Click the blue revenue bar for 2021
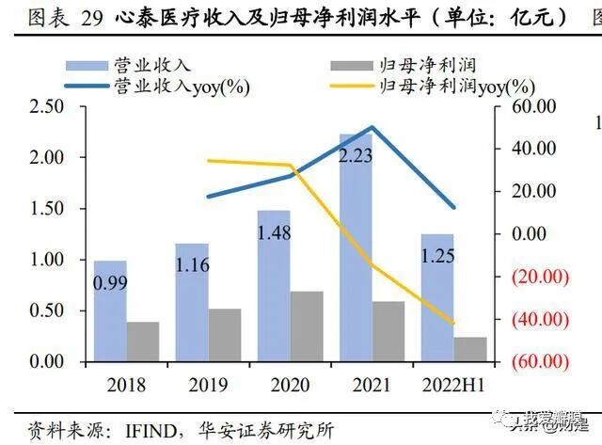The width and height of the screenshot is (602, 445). click(x=356, y=263)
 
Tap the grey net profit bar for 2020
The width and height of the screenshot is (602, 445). click(x=307, y=326)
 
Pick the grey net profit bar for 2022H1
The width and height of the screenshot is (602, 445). click(x=470, y=348)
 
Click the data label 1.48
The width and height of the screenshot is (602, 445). click(x=274, y=230)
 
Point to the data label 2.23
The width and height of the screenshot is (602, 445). click(x=356, y=155)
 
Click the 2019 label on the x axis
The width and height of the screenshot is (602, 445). click(x=207, y=384)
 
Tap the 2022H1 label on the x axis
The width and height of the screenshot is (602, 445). click(x=452, y=384)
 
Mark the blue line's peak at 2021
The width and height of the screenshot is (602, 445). click(x=373, y=127)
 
